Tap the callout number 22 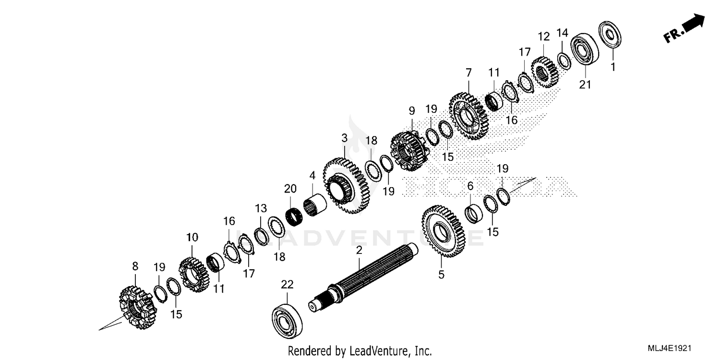point(287,285)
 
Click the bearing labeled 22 point(288,319)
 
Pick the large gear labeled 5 point(442,231)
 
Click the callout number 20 point(290,189)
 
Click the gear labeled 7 point(469,116)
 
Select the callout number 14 point(563,33)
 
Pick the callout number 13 point(261,208)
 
